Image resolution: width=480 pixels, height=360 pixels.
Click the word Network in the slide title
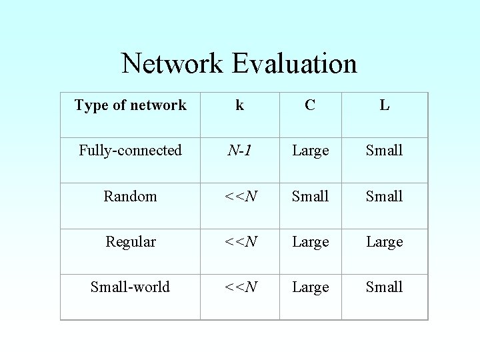(172, 64)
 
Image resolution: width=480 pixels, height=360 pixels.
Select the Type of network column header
(131, 105)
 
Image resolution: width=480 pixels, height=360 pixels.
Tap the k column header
(239, 105)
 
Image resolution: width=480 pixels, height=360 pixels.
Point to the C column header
(310, 105)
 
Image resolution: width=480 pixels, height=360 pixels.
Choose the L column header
(385, 105)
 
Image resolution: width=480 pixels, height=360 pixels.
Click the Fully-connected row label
(131, 151)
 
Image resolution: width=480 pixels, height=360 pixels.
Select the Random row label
(131, 196)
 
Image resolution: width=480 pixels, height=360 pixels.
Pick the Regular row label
(131, 241)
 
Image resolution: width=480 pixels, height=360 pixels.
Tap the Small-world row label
(131, 287)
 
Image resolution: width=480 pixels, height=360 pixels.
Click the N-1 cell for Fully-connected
(239, 151)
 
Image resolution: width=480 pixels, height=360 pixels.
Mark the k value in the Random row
(241, 196)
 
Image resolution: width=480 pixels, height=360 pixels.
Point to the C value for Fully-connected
(311, 151)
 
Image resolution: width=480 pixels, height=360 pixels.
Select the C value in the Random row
(311, 196)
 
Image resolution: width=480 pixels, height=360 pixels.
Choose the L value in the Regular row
(385, 241)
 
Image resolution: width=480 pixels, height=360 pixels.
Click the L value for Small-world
(385, 287)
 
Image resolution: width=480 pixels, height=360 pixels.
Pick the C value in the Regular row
(311, 241)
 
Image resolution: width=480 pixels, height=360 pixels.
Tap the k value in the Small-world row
(241, 287)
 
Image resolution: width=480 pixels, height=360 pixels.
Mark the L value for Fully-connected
(385, 151)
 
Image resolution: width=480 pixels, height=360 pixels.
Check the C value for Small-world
(311, 287)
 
